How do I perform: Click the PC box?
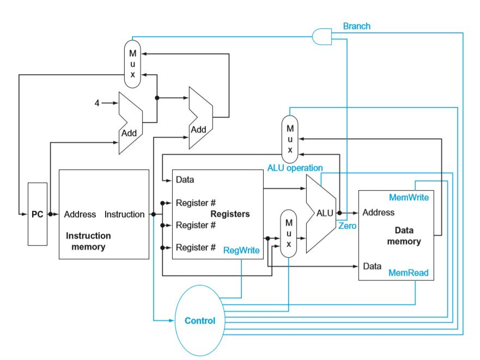coord(37,215)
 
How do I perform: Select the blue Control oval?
coord(200,321)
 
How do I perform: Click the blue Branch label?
coord(356,26)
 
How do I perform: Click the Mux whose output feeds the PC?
coord(132,63)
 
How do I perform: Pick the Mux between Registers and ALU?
coord(289,234)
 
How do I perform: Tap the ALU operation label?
coord(295,168)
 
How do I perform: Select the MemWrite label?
coord(409,197)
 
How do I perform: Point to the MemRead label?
coord(408,272)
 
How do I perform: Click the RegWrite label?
coord(241,250)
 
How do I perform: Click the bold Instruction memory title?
coord(88,241)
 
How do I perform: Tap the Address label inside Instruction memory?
coord(80,215)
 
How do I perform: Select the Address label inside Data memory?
coord(378,212)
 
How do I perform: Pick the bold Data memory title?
coord(404,236)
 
